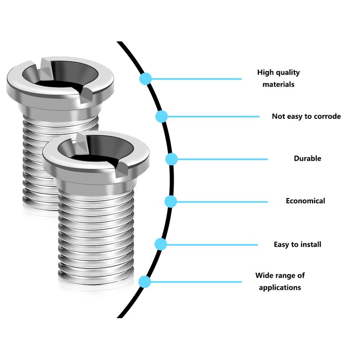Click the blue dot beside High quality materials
click(x=145, y=79)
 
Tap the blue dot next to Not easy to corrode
click(x=162, y=117)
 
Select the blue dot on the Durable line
click(x=172, y=159)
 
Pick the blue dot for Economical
click(x=170, y=201)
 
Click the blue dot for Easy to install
click(x=161, y=244)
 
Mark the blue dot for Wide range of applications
click(x=145, y=282)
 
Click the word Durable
click(x=307, y=158)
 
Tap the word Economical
click(x=305, y=201)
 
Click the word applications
click(x=280, y=287)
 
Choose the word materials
click(x=279, y=84)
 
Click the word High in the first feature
click(x=265, y=72)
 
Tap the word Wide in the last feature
click(x=264, y=275)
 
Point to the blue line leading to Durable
click(x=220, y=159)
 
